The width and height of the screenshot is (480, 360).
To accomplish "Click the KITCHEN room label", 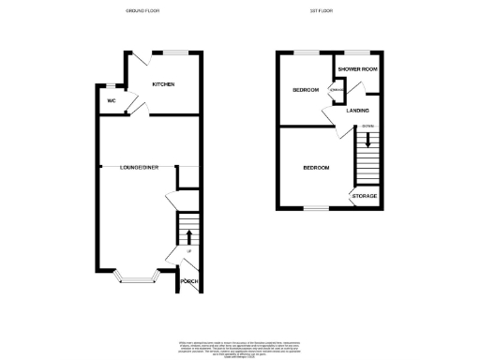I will pyautogui.click(x=164, y=84).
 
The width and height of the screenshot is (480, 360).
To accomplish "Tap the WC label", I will pyautogui.click(x=111, y=100).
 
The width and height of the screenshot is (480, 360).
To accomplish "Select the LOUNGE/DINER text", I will pyautogui.click(x=139, y=167).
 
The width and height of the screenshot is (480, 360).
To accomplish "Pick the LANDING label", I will pyautogui.click(x=357, y=112).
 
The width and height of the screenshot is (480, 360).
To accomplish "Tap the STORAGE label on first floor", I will pyautogui.click(x=365, y=196).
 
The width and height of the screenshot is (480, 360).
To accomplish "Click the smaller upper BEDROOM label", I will pyautogui.click(x=306, y=90).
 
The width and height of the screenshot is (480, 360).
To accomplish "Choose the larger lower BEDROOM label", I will pyautogui.click(x=315, y=168).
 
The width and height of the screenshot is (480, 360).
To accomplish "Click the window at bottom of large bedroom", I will pyautogui.click(x=315, y=208).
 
